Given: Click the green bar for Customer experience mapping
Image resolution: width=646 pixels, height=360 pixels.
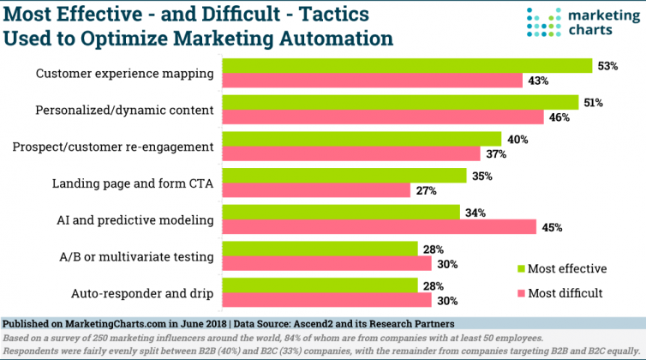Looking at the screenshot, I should (407, 66).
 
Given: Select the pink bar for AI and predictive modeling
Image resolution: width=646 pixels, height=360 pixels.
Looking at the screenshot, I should (380, 227).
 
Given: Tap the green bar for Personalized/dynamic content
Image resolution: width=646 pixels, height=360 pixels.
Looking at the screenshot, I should (400, 103).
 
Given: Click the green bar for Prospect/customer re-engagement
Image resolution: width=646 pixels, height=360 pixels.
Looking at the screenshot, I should (362, 139).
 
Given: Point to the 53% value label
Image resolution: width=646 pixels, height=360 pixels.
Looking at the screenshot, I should (607, 66).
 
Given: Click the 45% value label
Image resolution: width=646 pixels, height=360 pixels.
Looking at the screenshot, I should (552, 227).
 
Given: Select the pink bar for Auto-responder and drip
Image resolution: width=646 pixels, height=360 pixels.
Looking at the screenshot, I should (326, 300).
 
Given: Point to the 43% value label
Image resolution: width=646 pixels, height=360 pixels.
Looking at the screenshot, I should (537, 81).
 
